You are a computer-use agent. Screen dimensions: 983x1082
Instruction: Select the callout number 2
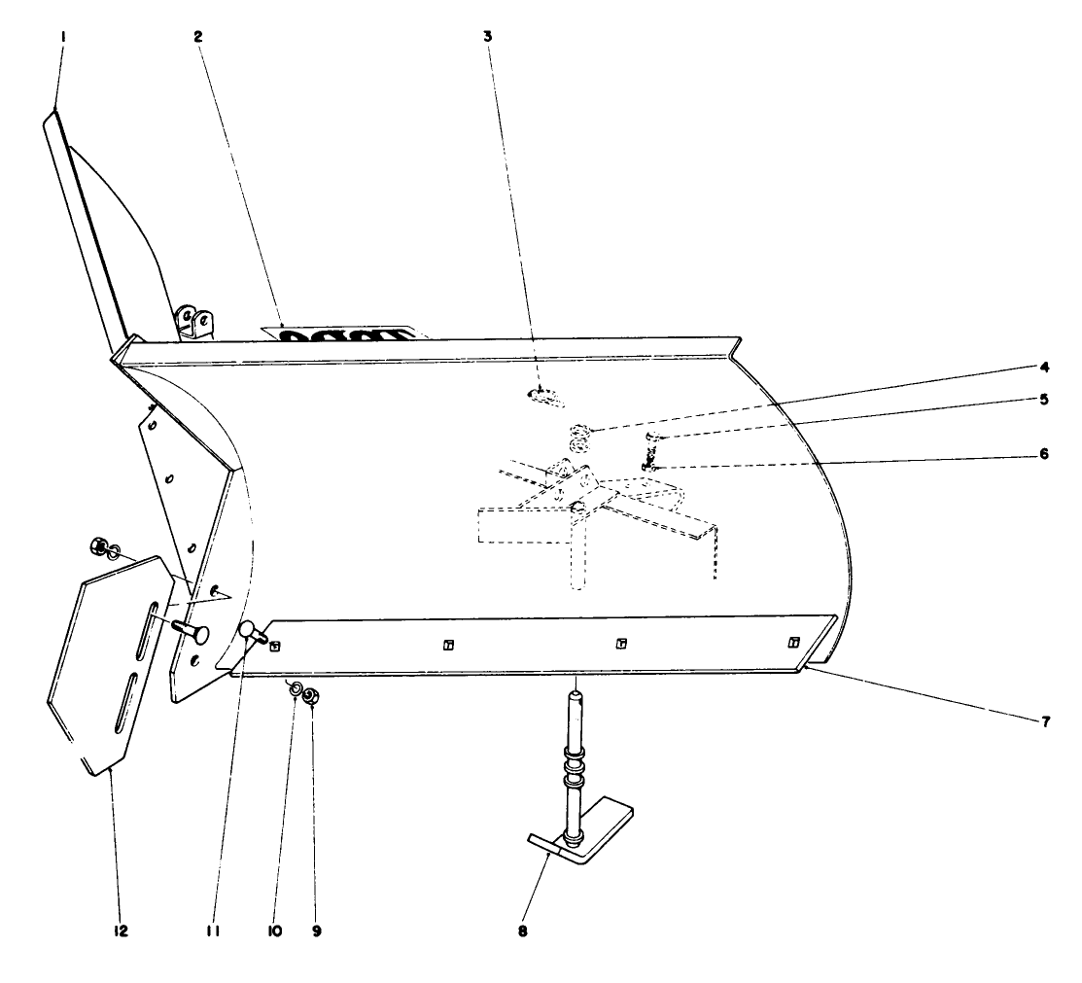(197, 36)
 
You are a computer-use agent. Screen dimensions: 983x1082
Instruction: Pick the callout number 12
(118, 930)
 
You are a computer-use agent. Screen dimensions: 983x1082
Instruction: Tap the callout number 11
(213, 930)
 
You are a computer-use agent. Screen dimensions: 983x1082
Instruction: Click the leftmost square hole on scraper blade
(275, 646)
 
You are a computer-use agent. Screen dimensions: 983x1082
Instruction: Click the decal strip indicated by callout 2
(345, 334)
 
